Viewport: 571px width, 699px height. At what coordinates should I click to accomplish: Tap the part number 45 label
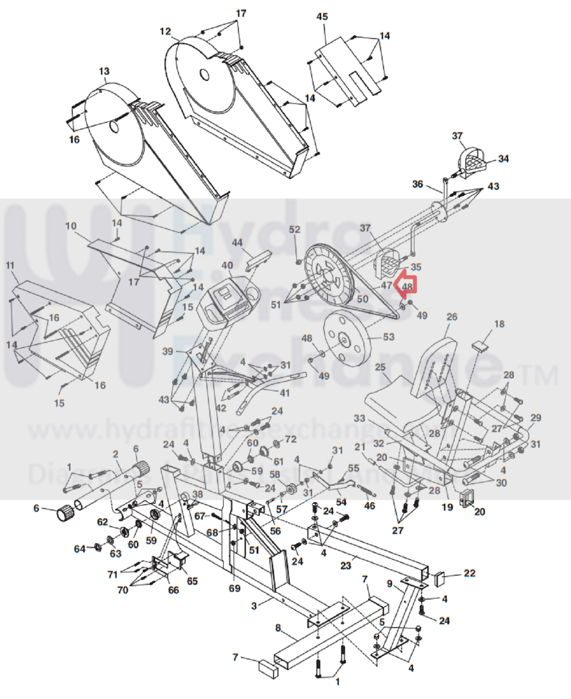(x=322, y=17)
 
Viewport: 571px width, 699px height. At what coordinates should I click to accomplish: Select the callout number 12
(x=165, y=31)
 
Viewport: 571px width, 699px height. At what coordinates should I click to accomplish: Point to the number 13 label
(x=104, y=71)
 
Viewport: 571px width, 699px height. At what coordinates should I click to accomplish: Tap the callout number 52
(x=295, y=229)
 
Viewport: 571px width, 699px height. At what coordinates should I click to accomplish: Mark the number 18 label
(x=499, y=324)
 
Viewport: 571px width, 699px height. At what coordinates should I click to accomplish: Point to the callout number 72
(x=291, y=439)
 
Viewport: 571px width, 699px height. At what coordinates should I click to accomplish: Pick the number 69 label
(x=234, y=588)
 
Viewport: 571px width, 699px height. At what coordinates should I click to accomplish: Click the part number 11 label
(x=10, y=265)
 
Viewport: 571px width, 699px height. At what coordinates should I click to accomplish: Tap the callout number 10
(x=71, y=226)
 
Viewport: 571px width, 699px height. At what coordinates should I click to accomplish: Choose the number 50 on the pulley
(x=362, y=299)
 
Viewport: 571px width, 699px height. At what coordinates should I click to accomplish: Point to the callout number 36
(x=417, y=184)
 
